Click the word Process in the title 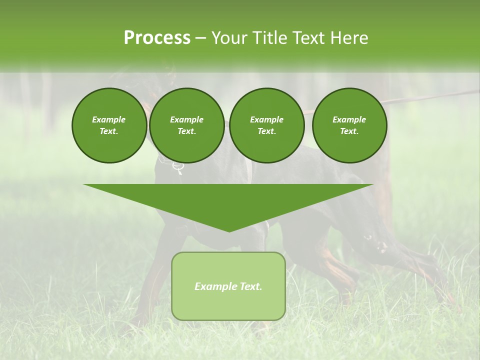(157, 38)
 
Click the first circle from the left (109, 125)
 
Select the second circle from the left (187, 125)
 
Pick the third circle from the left (266, 125)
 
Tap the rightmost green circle (349, 125)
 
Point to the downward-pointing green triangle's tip (228, 231)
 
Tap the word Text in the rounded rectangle (250, 286)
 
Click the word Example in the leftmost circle (109, 120)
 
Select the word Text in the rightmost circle (349, 131)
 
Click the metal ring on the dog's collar (178, 166)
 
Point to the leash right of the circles (430, 96)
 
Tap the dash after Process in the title (200, 38)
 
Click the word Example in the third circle (266, 120)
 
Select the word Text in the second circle (186, 131)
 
